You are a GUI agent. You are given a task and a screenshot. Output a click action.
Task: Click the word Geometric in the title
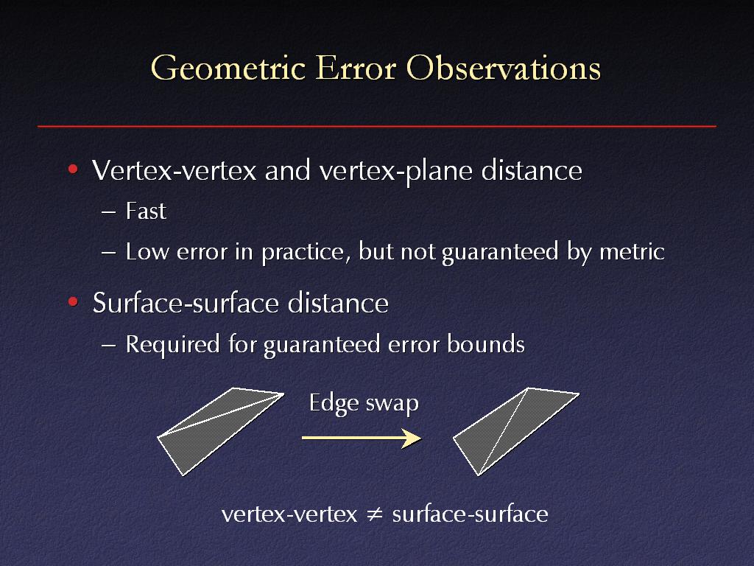[x=228, y=69]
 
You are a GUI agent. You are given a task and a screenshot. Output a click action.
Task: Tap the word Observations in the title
[x=504, y=68]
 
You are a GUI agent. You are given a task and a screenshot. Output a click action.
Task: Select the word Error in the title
[x=356, y=68]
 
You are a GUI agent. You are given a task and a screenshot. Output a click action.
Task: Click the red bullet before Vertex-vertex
[x=73, y=169]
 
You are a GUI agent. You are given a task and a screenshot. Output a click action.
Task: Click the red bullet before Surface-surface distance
[x=73, y=302]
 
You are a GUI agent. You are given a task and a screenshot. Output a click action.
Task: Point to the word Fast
[x=146, y=211]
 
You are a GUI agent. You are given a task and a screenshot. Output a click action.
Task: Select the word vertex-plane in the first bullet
[x=395, y=170]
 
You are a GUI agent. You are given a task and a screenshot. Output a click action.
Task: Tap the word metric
[x=632, y=251]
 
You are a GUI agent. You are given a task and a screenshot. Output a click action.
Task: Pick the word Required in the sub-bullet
[x=172, y=344]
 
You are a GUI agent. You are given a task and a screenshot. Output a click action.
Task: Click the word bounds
[x=486, y=344]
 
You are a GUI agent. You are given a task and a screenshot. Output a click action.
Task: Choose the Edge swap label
[x=364, y=403]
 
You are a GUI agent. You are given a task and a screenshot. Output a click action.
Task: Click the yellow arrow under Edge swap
[x=362, y=438]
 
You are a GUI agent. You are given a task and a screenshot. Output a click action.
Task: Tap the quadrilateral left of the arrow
[x=220, y=431]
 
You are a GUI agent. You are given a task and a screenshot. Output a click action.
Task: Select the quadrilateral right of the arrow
[x=516, y=431]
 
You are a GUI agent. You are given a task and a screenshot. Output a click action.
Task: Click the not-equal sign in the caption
[x=375, y=514]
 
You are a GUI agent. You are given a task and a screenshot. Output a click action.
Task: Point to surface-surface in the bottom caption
[x=470, y=514]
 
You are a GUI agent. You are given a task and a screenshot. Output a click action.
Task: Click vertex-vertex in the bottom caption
[x=289, y=514]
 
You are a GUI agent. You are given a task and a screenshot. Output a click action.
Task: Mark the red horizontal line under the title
[x=377, y=126]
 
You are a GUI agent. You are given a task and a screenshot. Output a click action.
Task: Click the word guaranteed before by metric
[x=500, y=252]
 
